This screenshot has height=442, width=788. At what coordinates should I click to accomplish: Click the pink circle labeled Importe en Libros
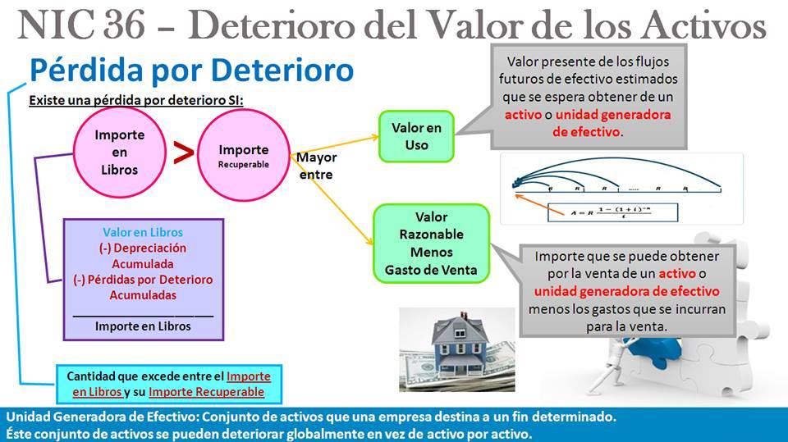tap(119, 153)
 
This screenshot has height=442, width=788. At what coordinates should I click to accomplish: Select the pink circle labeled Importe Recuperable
tap(243, 155)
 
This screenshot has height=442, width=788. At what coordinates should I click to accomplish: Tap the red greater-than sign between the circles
tap(184, 153)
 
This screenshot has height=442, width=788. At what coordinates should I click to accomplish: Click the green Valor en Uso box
tap(415, 136)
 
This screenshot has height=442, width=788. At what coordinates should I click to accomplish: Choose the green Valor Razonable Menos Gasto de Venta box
tap(431, 244)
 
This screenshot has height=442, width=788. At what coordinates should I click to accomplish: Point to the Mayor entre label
tap(316, 166)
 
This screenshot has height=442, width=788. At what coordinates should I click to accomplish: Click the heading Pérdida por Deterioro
tap(191, 71)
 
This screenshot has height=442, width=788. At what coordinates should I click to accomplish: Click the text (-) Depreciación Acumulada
tap(143, 256)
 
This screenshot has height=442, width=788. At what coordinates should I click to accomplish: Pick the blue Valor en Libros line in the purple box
tap(143, 232)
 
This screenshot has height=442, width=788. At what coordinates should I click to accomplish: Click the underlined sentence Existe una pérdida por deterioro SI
tap(136, 101)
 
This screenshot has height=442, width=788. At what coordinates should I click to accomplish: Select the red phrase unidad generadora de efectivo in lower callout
tap(626, 292)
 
